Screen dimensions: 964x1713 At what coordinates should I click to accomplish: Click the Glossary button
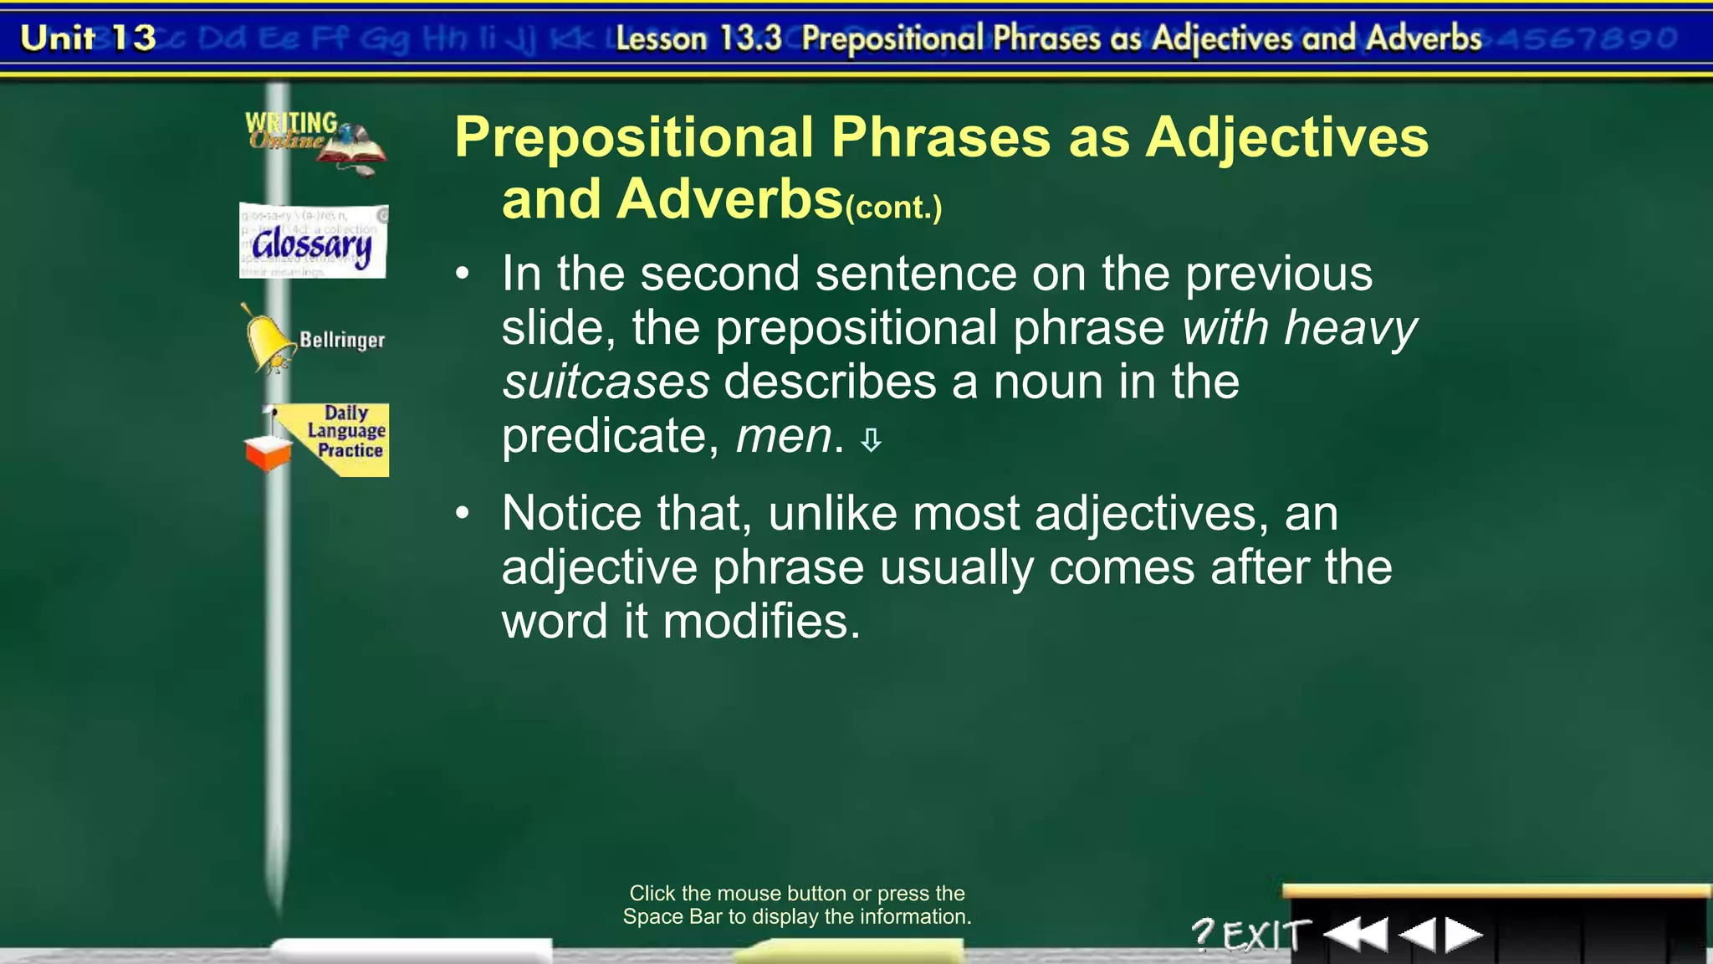pos(313,242)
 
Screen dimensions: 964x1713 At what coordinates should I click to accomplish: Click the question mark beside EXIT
pos(1203,934)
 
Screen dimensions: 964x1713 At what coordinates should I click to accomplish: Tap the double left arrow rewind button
pos(1355,934)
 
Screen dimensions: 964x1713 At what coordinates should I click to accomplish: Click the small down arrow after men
pos(871,440)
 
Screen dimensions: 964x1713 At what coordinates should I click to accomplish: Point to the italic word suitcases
pos(606,382)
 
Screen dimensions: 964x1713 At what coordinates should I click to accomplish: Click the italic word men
pos(784,436)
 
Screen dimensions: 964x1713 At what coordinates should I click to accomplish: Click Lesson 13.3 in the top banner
pos(698,38)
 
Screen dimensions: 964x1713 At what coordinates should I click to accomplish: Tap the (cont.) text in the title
pos(893,207)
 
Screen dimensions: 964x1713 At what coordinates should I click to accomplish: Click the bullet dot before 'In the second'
pos(463,274)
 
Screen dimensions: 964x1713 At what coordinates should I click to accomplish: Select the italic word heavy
pos(1351,327)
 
